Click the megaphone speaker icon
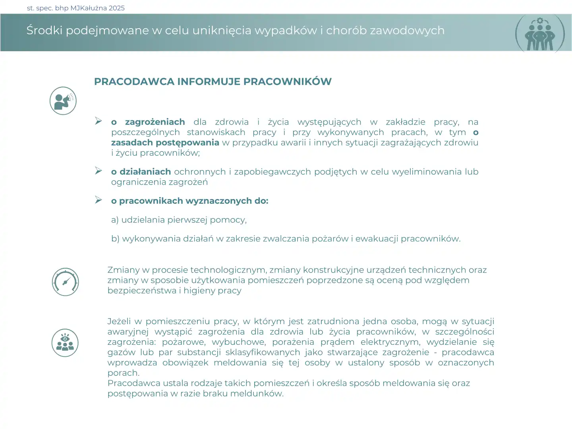63,101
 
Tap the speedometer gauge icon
66,282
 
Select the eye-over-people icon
65,343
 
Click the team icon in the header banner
540,34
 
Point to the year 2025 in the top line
116,8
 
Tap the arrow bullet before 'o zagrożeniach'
99,121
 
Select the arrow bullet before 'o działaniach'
99,171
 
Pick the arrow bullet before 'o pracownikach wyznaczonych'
99,200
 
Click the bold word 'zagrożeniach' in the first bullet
155,122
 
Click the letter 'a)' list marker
115,220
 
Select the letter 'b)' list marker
115,239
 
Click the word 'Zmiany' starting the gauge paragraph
123,270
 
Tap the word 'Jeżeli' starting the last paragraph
119,321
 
